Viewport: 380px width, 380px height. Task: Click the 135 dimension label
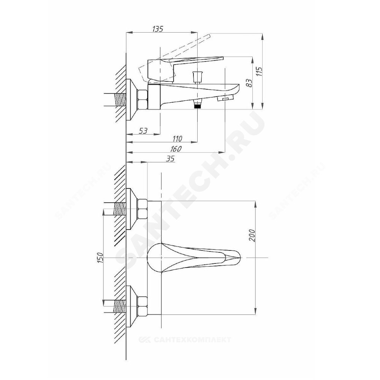[158, 29]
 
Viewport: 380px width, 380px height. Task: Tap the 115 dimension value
[259, 72]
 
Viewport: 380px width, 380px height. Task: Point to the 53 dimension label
[143, 131]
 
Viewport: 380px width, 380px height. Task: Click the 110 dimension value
[177, 139]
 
